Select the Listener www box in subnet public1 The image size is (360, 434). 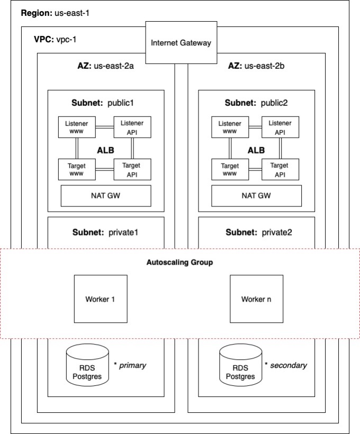[77, 127]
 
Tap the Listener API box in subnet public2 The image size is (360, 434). [280, 127]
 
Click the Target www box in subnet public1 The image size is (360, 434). [77, 169]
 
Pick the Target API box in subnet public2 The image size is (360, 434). [280, 169]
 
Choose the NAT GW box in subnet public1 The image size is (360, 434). [106, 195]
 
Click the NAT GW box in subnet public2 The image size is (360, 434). [256, 195]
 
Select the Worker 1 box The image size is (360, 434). [100, 299]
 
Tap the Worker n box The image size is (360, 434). [256, 299]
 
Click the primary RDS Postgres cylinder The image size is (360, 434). [88, 366]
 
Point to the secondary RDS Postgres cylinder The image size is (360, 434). [240, 366]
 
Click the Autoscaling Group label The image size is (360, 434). [179, 263]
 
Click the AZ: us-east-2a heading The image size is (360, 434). [105, 66]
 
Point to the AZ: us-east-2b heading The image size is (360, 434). [256, 66]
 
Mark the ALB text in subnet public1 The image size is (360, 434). [105, 150]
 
